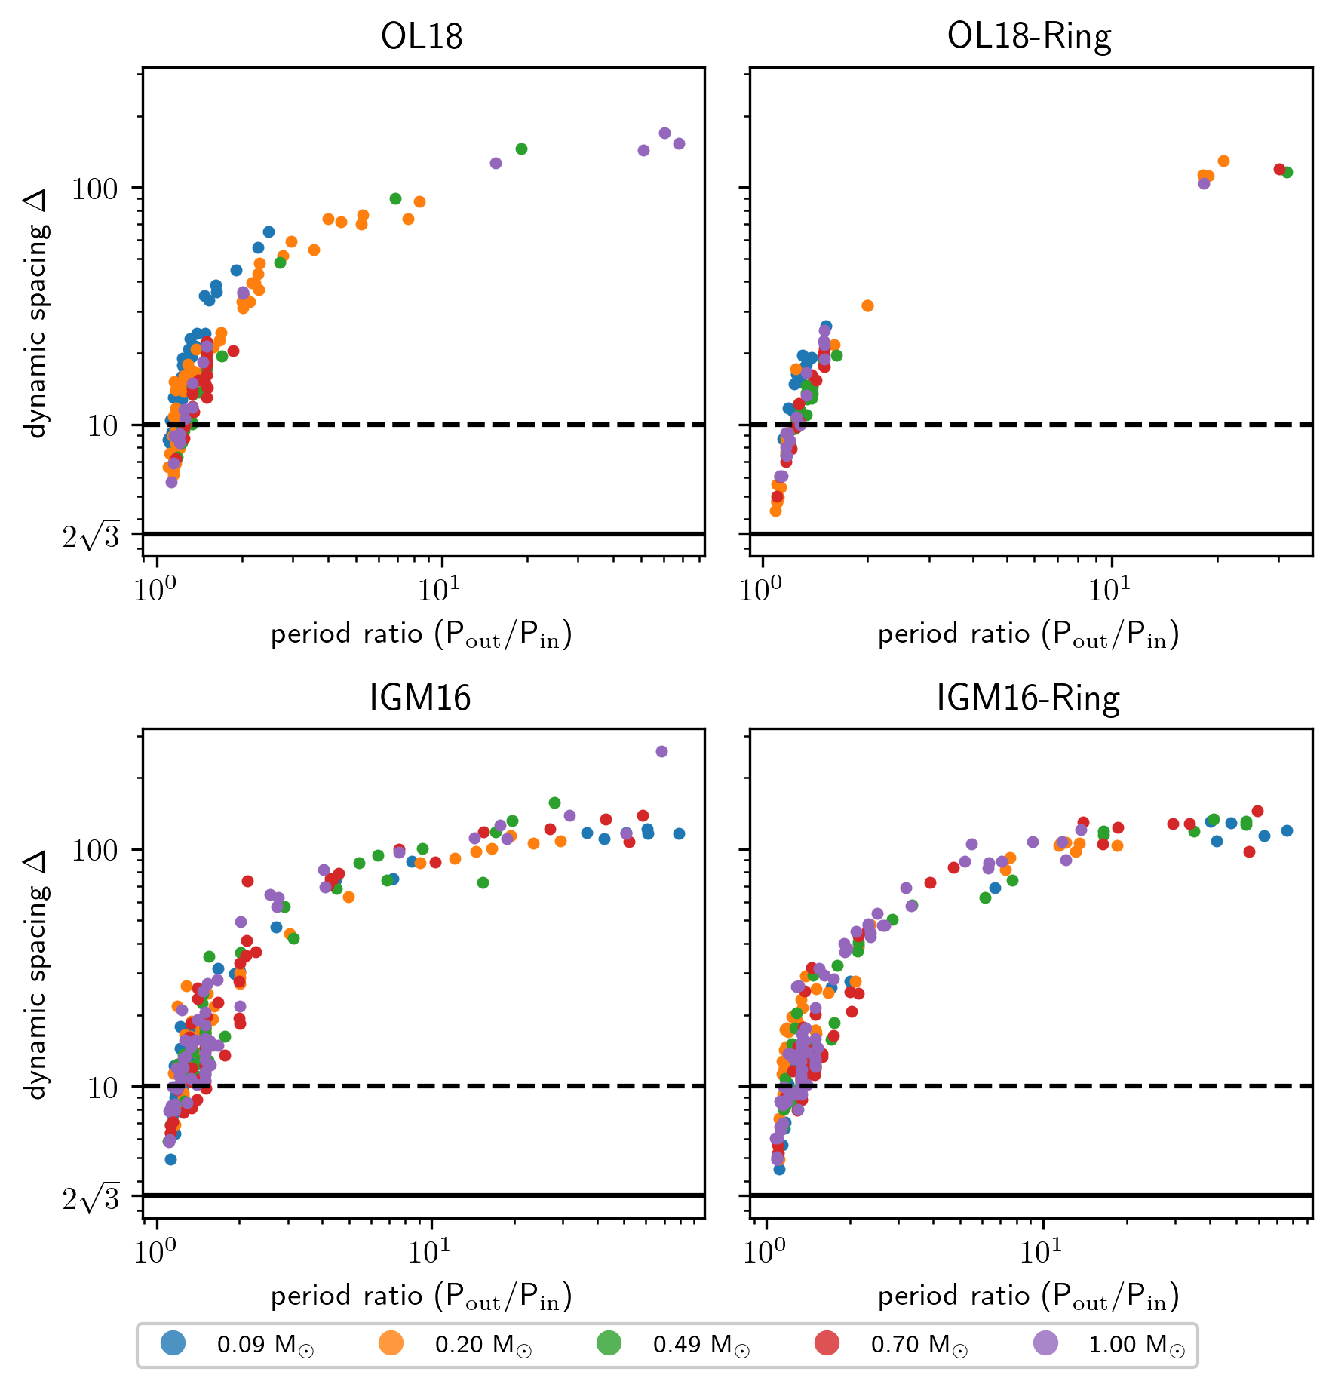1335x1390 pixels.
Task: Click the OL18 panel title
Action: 422,36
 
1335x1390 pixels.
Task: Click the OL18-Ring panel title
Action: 1029,36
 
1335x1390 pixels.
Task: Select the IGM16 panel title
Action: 420,698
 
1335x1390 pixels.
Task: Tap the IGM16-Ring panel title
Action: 1028,698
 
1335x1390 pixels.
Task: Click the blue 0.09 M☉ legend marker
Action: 173,1343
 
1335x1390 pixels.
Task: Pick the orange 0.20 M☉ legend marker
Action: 391,1343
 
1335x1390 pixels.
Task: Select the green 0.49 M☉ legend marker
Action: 609,1343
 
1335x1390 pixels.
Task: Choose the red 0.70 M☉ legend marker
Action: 827,1343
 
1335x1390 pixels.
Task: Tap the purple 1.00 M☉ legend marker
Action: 1045,1343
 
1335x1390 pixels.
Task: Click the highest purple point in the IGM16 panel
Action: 661,751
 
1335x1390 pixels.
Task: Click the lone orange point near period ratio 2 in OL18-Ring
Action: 867,305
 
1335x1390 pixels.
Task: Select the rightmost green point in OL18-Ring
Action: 1287,172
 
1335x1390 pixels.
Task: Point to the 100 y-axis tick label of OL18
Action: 95,189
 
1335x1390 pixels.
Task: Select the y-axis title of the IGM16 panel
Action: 36,974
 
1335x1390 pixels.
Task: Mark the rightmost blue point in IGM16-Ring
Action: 1287,830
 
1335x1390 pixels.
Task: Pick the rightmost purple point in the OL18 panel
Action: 679,143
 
